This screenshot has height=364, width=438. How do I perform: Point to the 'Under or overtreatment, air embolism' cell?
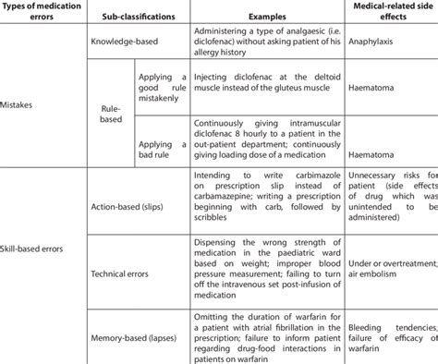click(383, 273)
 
